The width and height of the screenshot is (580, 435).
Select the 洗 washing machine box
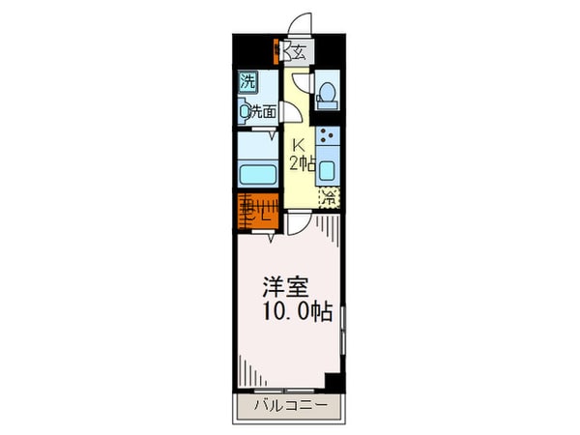248,82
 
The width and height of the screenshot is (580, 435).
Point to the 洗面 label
264,112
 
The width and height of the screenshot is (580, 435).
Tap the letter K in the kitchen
300,145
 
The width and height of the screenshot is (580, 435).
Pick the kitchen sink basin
329,172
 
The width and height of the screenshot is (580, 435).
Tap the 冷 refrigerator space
329,198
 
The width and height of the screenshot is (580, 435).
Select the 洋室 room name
286,287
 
